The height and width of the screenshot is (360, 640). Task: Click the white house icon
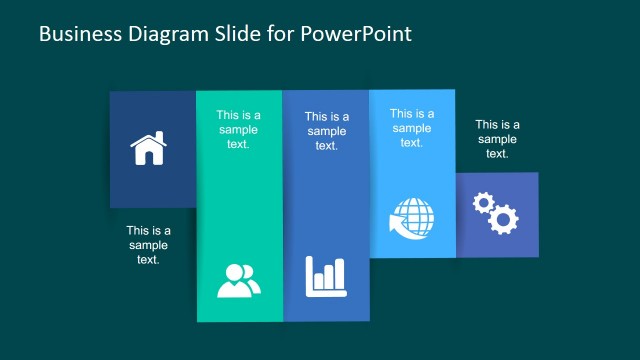tap(148, 149)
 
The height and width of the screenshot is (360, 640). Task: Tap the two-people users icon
tap(238, 280)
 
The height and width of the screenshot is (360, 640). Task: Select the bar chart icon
tap(325, 276)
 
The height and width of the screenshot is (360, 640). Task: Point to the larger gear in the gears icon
tap(503, 218)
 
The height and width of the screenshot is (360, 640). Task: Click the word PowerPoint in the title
tap(357, 34)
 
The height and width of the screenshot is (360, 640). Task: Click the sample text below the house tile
tap(148, 245)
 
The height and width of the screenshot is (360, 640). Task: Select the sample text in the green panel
tap(238, 129)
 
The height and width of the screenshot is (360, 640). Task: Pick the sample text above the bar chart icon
tap(326, 131)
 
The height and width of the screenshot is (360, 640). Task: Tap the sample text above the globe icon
tap(412, 128)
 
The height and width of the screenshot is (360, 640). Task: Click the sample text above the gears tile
tap(497, 139)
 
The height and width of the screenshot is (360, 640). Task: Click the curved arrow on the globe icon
tap(397, 228)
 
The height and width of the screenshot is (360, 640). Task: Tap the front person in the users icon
tap(233, 282)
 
